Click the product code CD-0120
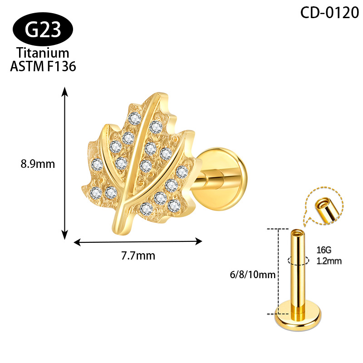pyautogui.click(x=329, y=13)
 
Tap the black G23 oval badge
pyautogui.click(x=43, y=29)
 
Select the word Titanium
pyautogui.click(x=43, y=53)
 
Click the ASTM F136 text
pyautogui.click(x=43, y=66)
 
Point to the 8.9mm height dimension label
pyautogui.click(x=38, y=164)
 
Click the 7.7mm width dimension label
pyautogui.click(x=138, y=255)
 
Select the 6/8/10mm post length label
pyautogui.click(x=253, y=275)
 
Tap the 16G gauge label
pyautogui.click(x=324, y=250)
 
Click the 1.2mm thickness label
pyautogui.click(x=329, y=261)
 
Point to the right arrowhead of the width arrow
pyautogui.click(x=199, y=241)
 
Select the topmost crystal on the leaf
pyautogui.click(x=134, y=118)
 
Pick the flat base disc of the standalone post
pyautogui.click(x=298, y=316)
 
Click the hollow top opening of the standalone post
pyautogui.click(x=298, y=232)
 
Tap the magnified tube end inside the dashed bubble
pyautogui.click(x=327, y=209)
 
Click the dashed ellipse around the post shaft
pyautogui.click(x=298, y=260)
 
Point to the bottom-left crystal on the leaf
pyautogui.click(x=96, y=193)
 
